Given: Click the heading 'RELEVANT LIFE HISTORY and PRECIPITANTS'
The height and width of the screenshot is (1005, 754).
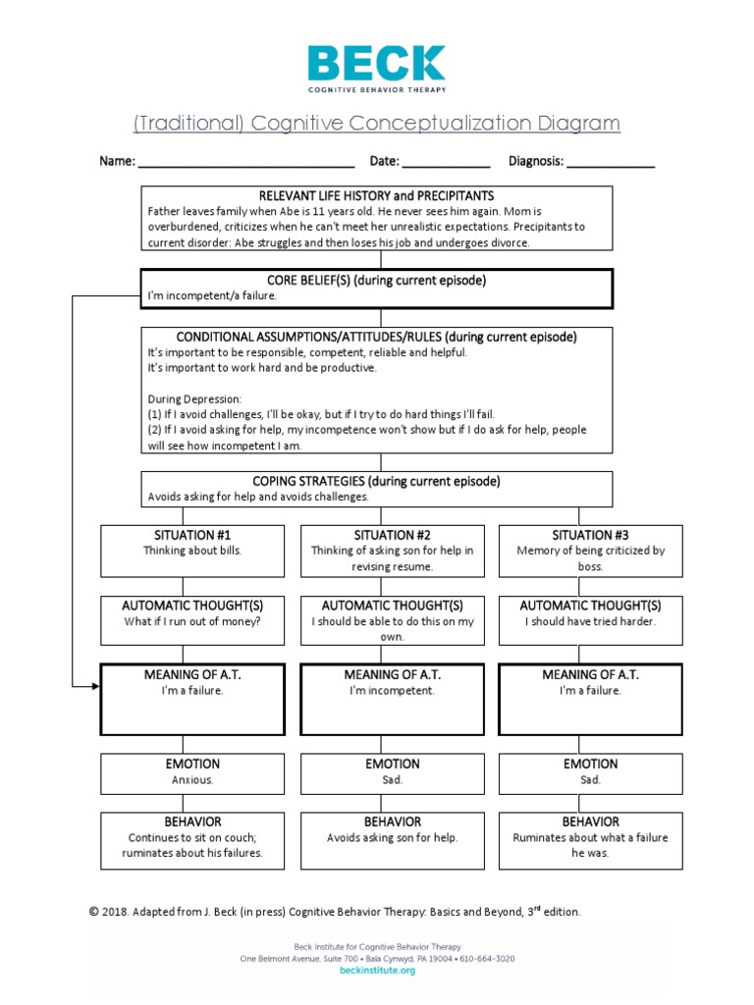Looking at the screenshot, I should click(376, 196).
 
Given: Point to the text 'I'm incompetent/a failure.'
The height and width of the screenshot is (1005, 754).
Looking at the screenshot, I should click(212, 295).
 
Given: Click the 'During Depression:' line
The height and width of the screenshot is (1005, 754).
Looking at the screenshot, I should click(193, 398).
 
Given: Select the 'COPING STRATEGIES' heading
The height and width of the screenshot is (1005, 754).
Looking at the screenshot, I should click(376, 481).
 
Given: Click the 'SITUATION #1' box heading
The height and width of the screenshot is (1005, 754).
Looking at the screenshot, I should click(192, 535).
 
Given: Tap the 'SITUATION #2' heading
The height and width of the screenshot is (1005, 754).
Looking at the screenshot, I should click(392, 535).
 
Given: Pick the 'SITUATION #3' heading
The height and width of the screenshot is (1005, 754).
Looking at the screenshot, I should click(590, 535).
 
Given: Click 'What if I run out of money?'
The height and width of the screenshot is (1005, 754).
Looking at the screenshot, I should click(192, 621).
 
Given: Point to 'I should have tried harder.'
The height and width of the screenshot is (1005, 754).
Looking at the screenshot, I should click(590, 621).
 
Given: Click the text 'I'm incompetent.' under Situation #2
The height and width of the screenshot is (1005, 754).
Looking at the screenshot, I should click(392, 691).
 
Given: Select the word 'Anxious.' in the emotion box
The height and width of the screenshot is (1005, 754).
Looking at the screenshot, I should click(192, 780).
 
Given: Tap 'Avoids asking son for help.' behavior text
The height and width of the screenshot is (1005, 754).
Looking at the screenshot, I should click(392, 838).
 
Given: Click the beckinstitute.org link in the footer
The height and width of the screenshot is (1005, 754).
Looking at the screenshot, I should click(377, 971).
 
